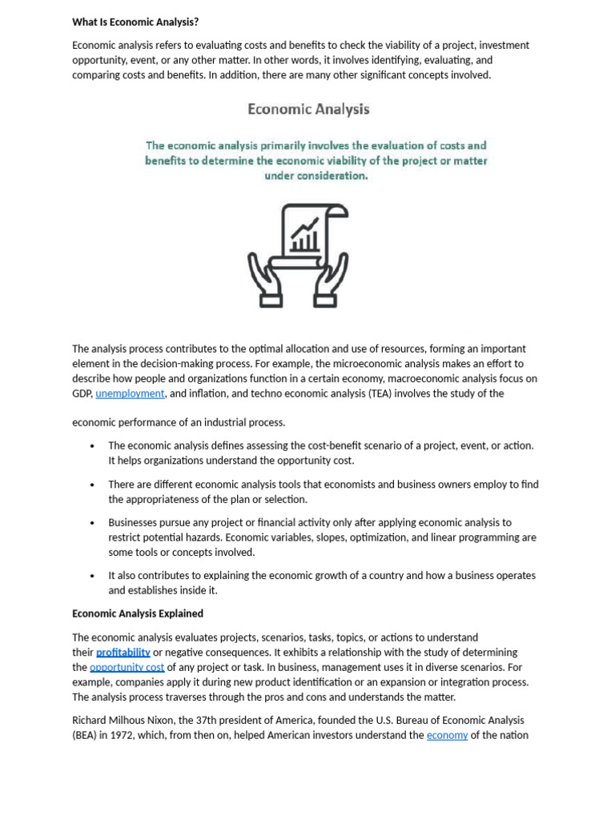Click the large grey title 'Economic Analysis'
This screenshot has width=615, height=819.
[x=308, y=109]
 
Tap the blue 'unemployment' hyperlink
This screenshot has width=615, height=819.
[x=130, y=394]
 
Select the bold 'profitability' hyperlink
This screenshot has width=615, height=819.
[x=123, y=653]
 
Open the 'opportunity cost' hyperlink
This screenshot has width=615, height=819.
[x=127, y=667]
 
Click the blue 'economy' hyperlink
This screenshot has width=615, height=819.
[x=447, y=735]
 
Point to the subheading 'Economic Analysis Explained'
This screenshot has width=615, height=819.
[x=138, y=613]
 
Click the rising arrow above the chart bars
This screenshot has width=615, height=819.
[x=305, y=227]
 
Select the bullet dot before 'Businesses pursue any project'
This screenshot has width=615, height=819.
[x=94, y=523]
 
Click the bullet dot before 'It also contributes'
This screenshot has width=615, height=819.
[x=94, y=576]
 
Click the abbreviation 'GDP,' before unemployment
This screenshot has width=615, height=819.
[x=82, y=394]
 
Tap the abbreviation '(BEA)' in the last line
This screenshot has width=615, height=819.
[x=87, y=735]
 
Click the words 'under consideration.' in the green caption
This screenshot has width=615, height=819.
[x=316, y=176]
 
